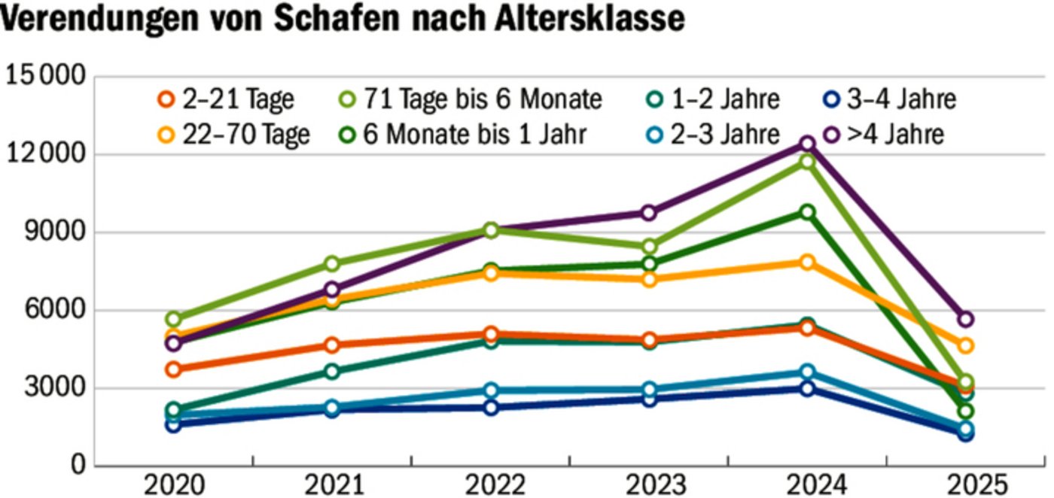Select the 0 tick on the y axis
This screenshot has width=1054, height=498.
point(78,466)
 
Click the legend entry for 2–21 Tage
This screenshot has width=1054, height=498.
point(227,99)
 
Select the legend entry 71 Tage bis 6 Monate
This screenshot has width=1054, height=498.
point(468,99)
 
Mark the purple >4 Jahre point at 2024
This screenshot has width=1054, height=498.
point(807,143)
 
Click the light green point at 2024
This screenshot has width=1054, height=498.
point(807,162)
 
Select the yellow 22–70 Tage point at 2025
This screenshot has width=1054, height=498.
point(965,346)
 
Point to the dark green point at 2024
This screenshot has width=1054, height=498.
point(807,212)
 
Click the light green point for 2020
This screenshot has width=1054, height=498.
point(174,320)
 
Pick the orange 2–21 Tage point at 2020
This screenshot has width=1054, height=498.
point(174,369)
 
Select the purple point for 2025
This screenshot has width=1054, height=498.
point(965,320)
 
